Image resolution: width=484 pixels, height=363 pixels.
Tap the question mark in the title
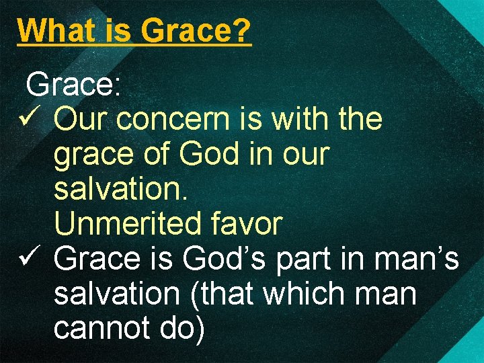243,30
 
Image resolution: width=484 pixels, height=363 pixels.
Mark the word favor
248,224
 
